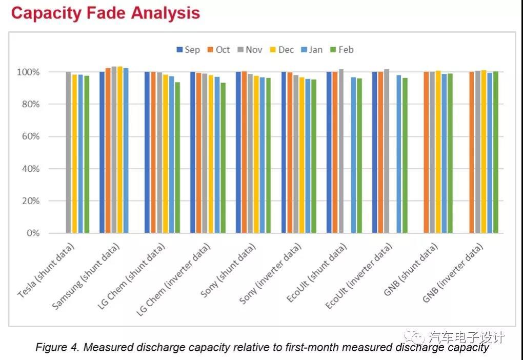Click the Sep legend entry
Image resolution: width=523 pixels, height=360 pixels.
188,50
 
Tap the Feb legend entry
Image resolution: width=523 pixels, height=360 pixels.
341,50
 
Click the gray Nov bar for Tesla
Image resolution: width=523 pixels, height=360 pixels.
68,152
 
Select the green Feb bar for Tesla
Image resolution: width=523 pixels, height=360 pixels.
87,154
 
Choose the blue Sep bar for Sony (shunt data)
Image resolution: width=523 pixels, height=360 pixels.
238,152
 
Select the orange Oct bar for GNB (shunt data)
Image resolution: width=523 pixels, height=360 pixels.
426,152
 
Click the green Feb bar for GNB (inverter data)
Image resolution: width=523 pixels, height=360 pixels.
495,152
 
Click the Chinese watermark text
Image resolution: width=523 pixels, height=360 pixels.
466,337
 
